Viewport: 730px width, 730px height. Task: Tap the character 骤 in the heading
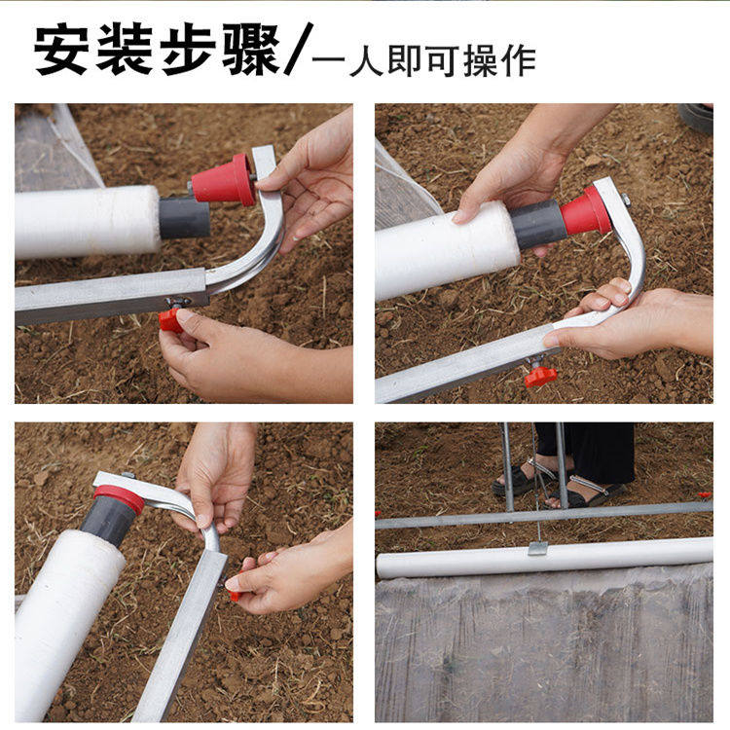click(x=250, y=51)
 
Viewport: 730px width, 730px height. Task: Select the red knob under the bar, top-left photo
click(x=170, y=319)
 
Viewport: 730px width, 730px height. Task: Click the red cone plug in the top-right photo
click(x=586, y=211)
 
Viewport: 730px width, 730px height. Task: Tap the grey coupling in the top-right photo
click(x=537, y=224)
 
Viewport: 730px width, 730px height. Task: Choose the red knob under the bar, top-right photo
click(x=540, y=376)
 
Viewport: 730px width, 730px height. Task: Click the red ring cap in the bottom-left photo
click(x=119, y=498)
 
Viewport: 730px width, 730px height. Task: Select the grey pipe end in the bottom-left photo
click(x=105, y=521)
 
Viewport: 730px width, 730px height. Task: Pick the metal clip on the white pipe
click(x=537, y=547)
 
